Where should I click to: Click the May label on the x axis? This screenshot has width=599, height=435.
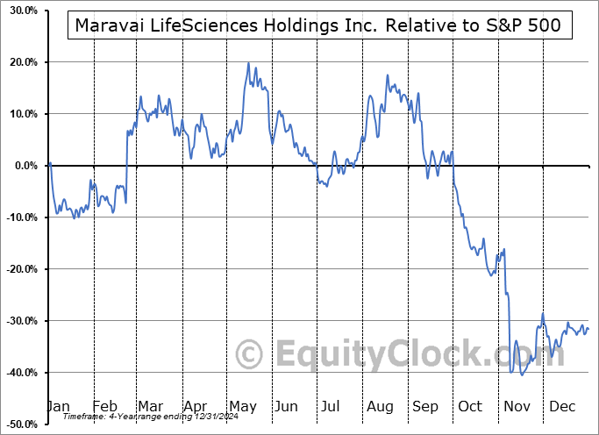tap(244, 406)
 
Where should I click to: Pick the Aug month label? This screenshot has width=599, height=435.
tap(380, 406)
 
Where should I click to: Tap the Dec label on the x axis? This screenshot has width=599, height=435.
tap(561, 406)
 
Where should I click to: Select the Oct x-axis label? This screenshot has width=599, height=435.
tap(471, 406)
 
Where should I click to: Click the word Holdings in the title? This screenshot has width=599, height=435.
tap(303, 27)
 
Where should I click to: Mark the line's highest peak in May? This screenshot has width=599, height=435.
tap(248, 63)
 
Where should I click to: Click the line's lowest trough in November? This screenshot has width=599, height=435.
tap(522, 375)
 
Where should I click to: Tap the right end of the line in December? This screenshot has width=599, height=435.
tap(588, 329)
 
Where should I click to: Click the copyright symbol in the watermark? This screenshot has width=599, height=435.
tap(250, 355)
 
